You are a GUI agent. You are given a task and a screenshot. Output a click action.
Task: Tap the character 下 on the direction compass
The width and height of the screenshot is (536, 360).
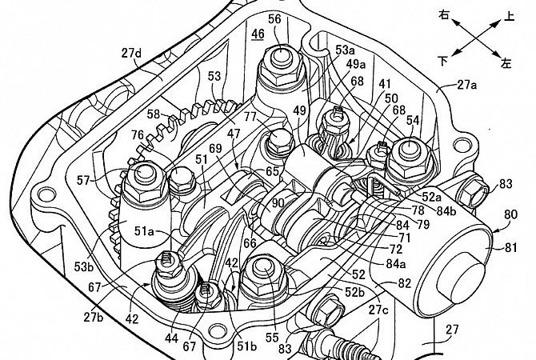(442, 59)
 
